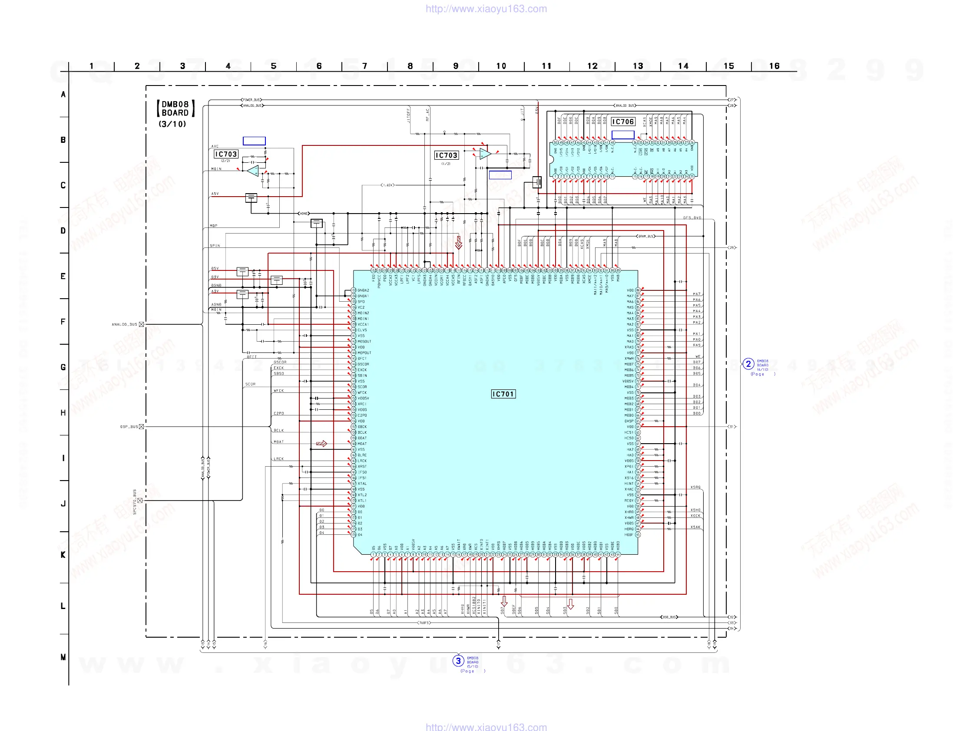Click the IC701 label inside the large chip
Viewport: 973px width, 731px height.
coord(503,394)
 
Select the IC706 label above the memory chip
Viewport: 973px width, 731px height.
coord(622,122)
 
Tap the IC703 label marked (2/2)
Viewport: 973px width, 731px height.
coord(225,154)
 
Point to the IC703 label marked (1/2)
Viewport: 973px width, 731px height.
coord(446,155)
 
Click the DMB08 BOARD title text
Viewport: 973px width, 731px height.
coord(175,109)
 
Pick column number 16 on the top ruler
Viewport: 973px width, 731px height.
coord(774,66)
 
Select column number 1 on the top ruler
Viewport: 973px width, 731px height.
coord(92,66)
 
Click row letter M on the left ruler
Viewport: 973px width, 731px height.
coord(63,657)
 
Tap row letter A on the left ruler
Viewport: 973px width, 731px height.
coord(63,95)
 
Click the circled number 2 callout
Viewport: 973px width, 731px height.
coord(748,364)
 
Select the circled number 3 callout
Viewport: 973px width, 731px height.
coord(458,661)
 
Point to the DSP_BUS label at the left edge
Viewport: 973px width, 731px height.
coord(129,427)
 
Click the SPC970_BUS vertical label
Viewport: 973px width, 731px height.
coord(135,501)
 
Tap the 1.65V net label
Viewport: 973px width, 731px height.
coord(387,185)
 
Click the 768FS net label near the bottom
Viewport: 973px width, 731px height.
coord(424,623)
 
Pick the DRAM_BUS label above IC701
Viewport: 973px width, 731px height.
coord(646,237)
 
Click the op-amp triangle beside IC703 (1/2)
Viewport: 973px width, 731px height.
coord(485,154)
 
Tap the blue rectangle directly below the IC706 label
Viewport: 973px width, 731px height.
coord(622,135)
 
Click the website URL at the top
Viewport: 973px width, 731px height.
coord(486,9)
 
